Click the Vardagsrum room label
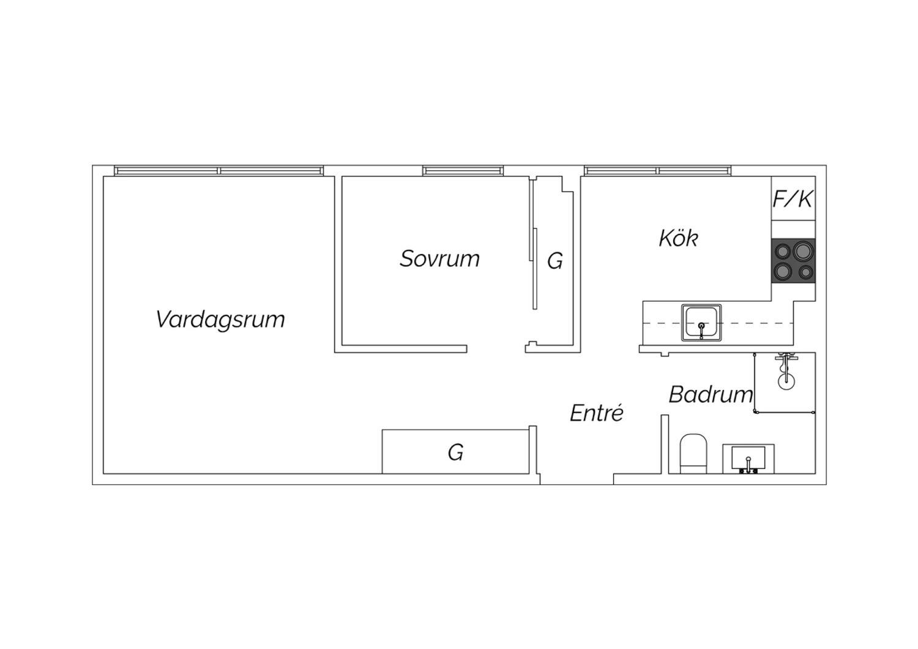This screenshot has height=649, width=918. (x=220, y=320)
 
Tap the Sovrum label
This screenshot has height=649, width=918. (x=439, y=259)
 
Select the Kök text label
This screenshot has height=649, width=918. (x=678, y=238)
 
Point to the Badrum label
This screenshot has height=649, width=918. (x=711, y=394)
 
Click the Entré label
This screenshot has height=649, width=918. (x=597, y=413)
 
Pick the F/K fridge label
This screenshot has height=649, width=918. (x=793, y=199)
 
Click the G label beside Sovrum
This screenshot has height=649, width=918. (x=555, y=261)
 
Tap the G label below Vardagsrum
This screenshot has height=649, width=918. (x=455, y=452)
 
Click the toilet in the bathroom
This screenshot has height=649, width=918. (x=693, y=454)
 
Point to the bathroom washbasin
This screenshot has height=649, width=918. (x=748, y=459)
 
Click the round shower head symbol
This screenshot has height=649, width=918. (x=786, y=381)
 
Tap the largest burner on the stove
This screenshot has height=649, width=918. (x=803, y=251)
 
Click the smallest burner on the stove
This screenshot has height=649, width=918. (x=806, y=272)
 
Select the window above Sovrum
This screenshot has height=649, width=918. (x=463, y=171)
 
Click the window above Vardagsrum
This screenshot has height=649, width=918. (x=219, y=171)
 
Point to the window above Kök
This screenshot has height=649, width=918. (x=657, y=171)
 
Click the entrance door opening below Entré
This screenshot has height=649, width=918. (x=577, y=479)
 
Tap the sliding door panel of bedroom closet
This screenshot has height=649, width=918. (x=535, y=269)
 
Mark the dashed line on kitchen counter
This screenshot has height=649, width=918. (x=718, y=323)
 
